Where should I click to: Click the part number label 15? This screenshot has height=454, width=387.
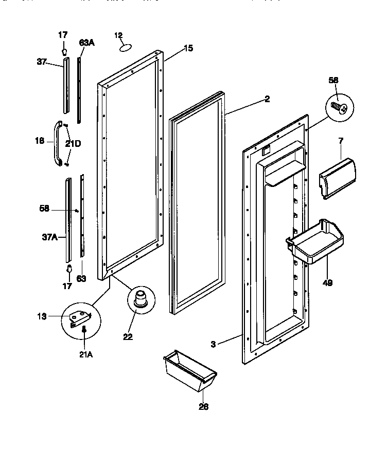coord(188,48)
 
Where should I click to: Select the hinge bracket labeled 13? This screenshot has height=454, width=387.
coord(79,319)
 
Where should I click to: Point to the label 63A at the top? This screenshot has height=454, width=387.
coord(86,44)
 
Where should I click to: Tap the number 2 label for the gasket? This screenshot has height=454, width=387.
coord(267,99)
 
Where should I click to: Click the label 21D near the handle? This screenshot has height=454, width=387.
coord(73,143)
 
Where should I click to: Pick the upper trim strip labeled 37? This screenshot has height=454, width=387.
coord(65,85)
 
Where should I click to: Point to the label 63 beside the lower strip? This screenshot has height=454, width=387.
coord(81,279)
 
